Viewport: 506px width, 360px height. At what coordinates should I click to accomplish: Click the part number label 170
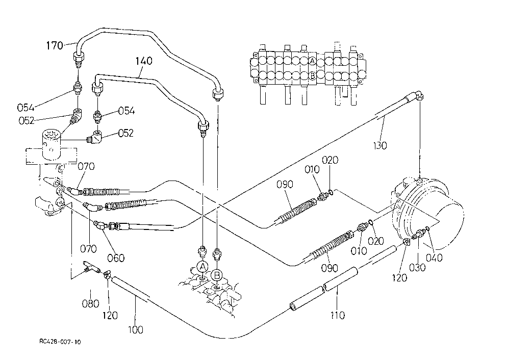pyautogui.click(x=54, y=45)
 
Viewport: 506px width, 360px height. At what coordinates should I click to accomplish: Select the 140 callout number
pyautogui.click(x=144, y=61)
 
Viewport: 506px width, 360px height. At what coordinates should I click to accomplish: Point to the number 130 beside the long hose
pyautogui.click(x=380, y=146)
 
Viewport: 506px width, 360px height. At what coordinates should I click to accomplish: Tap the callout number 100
pyautogui.click(x=136, y=330)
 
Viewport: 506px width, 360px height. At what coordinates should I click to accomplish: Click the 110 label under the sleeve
pyautogui.click(x=338, y=315)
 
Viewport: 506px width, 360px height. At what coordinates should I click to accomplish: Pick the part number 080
pyautogui.click(x=90, y=303)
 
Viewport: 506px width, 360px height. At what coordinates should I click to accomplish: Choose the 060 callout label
pyautogui.click(x=116, y=258)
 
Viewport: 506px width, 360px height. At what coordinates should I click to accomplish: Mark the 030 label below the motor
pyautogui.click(x=417, y=267)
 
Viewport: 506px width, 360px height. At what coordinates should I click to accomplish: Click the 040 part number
pyautogui.click(x=434, y=258)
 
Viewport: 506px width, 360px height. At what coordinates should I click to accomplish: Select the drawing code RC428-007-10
pyautogui.click(x=60, y=342)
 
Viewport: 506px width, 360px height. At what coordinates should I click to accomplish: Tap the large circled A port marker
pyautogui.click(x=203, y=267)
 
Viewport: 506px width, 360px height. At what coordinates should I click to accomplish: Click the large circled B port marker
pyautogui.click(x=217, y=275)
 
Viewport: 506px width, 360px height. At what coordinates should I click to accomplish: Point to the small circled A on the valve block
pyautogui.click(x=312, y=60)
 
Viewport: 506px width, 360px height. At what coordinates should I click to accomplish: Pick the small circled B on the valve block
pyautogui.click(x=312, y=76)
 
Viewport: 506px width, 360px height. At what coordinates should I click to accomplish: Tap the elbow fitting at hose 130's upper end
pyautogui.click(x=419, y=96)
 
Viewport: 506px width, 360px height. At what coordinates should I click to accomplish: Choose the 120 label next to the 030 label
pyautogui.click(x=399, y=277)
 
